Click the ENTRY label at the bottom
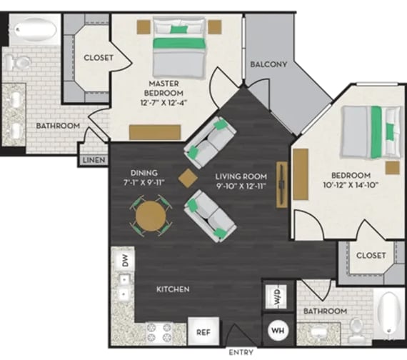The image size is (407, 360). (241, 353)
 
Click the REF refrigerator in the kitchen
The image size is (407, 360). (202, 331)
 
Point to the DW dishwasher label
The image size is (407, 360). (124, 262)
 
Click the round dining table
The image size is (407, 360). (151, 215)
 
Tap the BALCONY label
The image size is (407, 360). (268, 64)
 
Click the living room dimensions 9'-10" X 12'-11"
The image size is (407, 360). (241, 186)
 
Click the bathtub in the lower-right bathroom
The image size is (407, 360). (386, 314)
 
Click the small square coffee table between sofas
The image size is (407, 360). (188, 179)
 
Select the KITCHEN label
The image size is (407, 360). (174, 289)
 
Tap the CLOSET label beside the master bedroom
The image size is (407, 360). (98, 58)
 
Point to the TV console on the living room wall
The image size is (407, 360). (283, 185)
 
